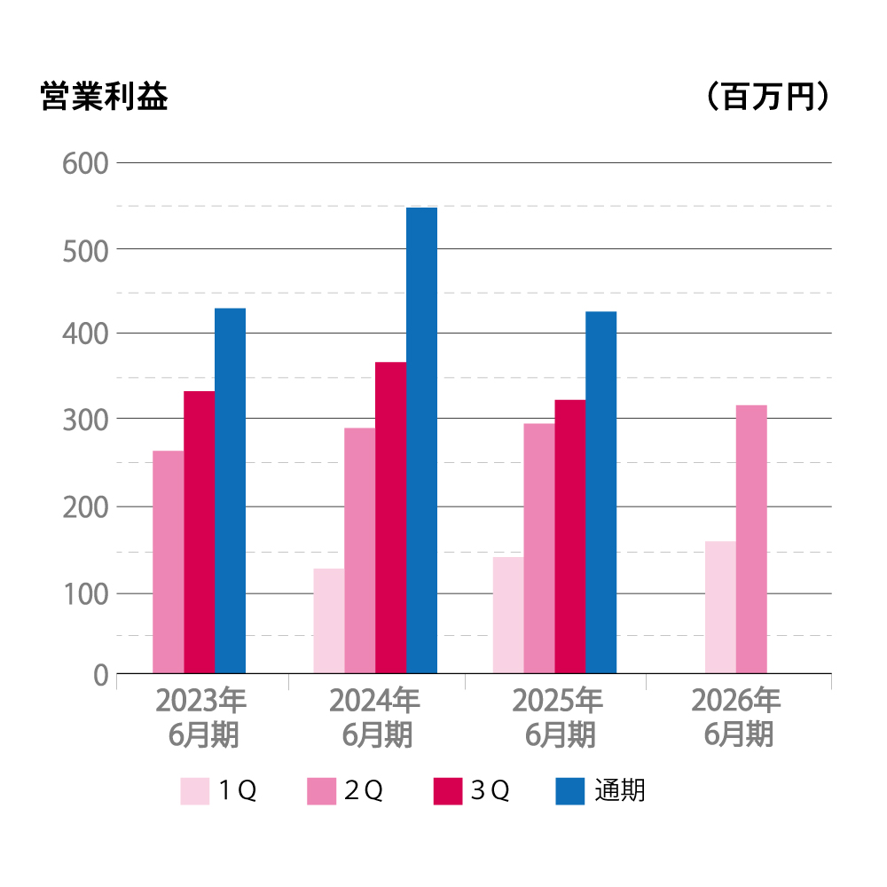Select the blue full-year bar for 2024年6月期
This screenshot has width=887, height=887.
pos(421,440)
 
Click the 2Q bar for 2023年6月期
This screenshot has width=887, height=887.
pos(169,562)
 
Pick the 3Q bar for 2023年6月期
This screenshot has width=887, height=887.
pos(200,532)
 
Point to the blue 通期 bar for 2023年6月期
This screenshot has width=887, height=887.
pos(231,491)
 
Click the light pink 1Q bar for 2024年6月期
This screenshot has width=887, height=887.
pos(329,621)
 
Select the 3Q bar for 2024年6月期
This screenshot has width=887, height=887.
pos(390,518)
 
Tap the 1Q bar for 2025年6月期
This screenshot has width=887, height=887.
pos(508,616)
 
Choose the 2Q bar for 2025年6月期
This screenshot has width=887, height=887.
pos(539,548)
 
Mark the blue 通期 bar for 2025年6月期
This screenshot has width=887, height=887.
pos(600,492)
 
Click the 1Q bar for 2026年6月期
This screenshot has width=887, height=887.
pos(720,608)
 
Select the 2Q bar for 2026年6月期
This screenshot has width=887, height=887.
pos(751,539)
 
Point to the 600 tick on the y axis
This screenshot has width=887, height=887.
pos(85,164)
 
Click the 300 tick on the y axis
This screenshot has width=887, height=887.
pos(85,420)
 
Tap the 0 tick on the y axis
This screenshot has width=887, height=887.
pos(99,676)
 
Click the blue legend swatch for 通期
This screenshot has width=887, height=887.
pos(570,790)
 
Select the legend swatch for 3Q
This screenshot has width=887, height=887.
pos(448,790)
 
